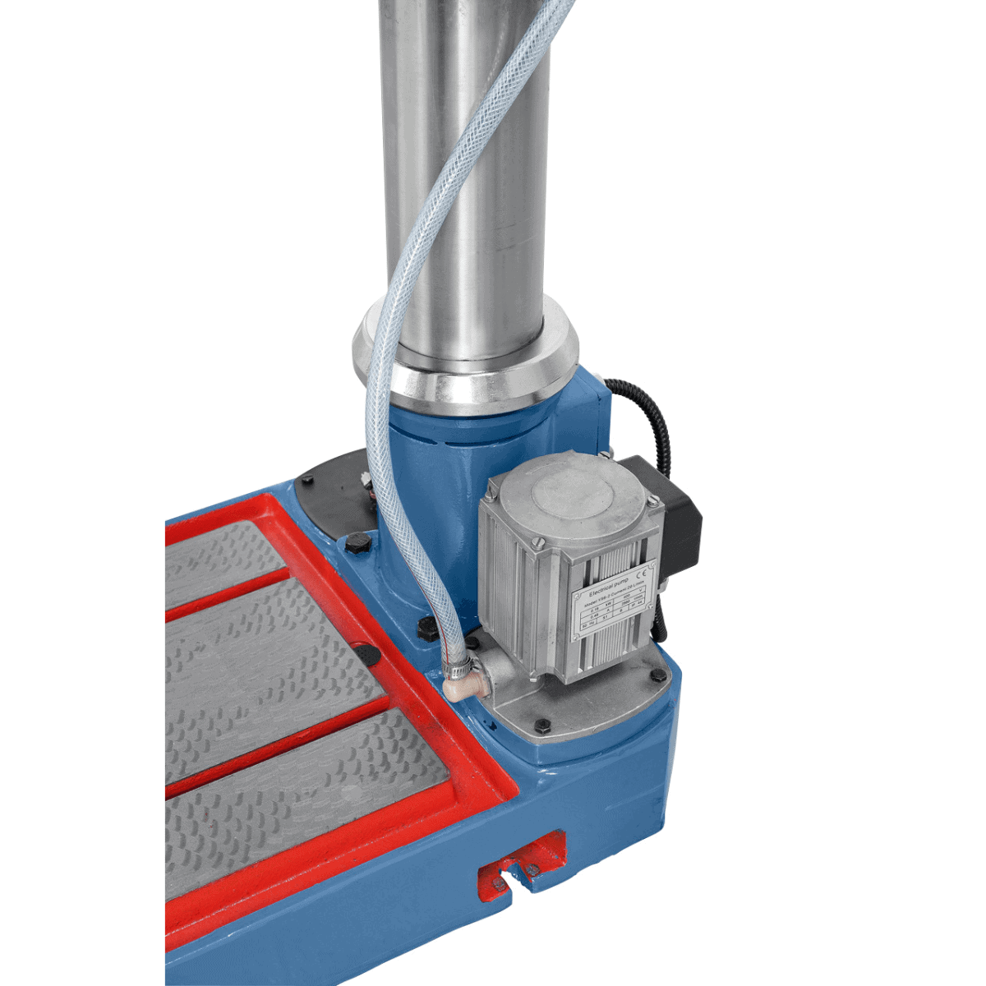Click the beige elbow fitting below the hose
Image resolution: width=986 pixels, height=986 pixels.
[x=463, y=684]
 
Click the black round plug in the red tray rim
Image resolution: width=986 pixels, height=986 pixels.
[x=367, y=653]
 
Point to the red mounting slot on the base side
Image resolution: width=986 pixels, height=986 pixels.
[x=523, y=868]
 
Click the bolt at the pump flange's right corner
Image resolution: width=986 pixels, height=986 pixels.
[x=658, y=675]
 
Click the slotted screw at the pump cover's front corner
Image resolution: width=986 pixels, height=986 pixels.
[x=541, y=543]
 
